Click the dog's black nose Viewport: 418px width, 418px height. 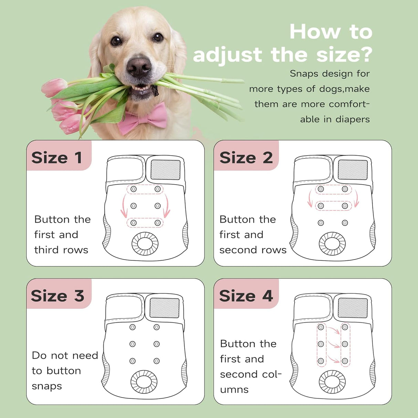point(139,67)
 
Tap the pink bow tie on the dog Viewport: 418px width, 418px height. point(142,118)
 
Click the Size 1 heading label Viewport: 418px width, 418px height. point(56,158)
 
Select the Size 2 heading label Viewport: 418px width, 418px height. point(246,158)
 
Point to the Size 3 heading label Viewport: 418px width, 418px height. point(58,296)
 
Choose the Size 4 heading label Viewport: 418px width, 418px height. point(246,296)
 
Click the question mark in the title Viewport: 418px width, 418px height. point(365,54)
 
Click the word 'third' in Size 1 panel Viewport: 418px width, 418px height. point(47,250)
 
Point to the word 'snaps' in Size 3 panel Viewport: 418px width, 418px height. point(47,387)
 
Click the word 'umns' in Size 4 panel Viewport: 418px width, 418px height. point(234,390)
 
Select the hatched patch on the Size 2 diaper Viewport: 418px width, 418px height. point(353,170)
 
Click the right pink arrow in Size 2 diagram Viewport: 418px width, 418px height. point(356,198)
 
